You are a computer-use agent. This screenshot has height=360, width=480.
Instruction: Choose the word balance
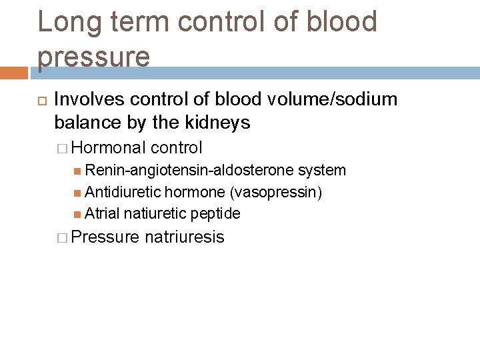pos(85,123)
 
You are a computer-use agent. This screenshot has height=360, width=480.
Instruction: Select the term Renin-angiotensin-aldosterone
pos(189,170)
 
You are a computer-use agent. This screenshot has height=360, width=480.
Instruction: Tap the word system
pos(322,170)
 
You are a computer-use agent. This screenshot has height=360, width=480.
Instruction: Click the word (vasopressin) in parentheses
pos(275,192)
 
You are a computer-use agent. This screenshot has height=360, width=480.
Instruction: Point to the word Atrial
pos(103,213)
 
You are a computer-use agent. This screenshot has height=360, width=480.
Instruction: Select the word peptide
pos(215,213)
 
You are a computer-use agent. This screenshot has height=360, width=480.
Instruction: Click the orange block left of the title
pos(14,72)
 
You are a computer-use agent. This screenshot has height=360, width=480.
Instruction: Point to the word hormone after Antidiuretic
pos(195,192)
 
